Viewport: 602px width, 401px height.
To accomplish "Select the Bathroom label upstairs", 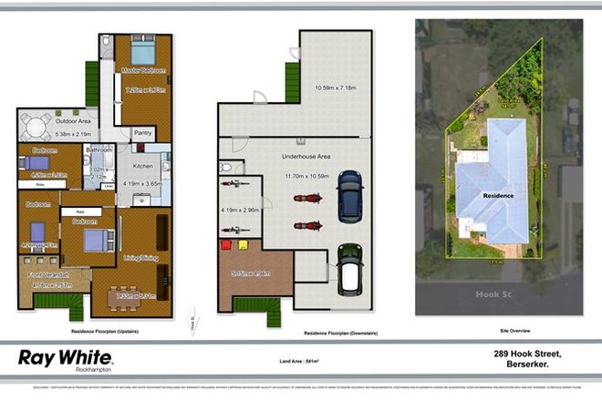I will [x=99, y=149].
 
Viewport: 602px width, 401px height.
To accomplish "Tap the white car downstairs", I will [x=350, y=270].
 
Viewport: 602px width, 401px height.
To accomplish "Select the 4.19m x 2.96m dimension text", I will [x=240, y=211].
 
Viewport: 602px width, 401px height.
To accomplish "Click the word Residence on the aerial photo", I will [x=497, y=195].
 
